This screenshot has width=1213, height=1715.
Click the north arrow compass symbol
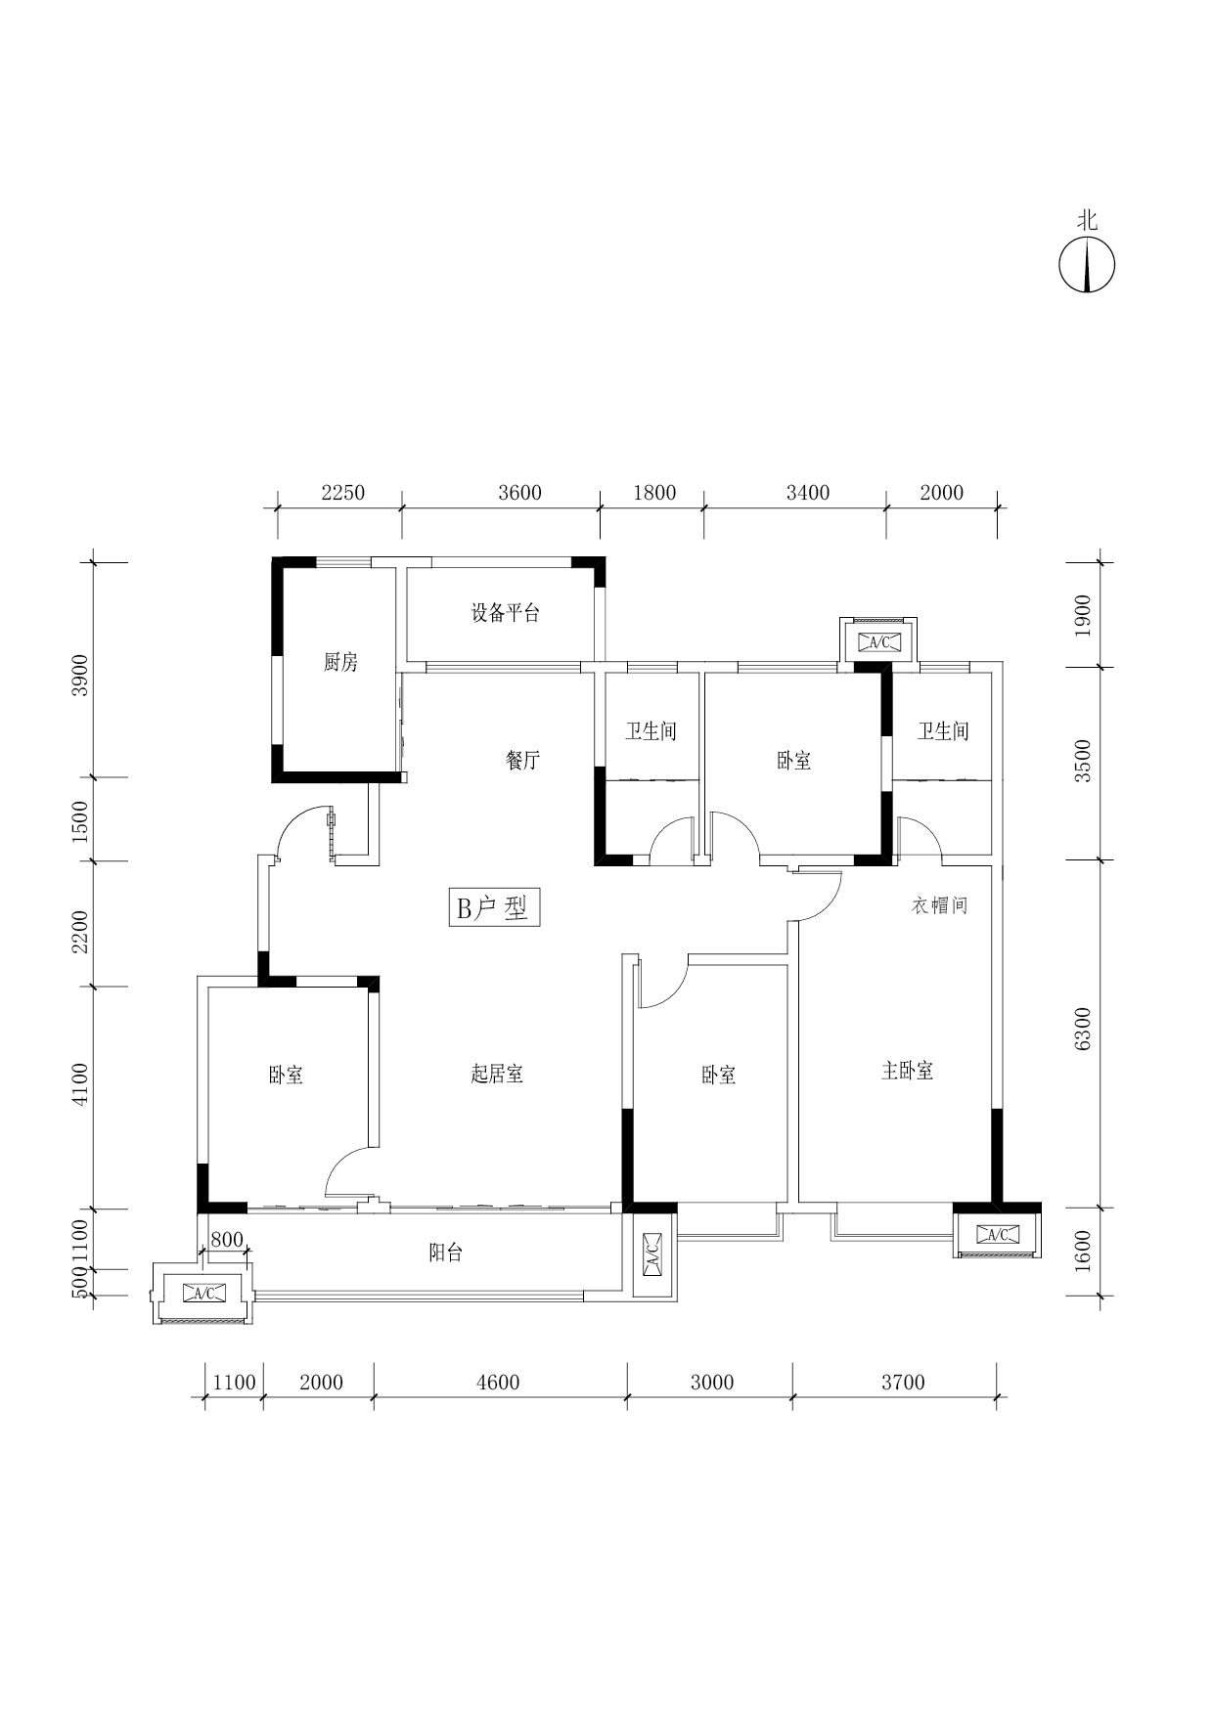coord(1087,265)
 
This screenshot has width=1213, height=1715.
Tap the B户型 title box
coord(494,907)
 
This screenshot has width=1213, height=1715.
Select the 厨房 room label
coord(340,662)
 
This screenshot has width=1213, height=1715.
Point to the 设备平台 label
coord(505,613)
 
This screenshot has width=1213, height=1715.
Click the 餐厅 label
coord(523,760)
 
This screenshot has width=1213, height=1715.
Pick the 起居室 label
coord(497,1074)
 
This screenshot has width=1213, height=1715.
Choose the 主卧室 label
coord(907,1071)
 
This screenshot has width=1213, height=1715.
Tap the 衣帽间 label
coord(940,905)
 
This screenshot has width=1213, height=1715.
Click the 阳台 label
coord(445,1253)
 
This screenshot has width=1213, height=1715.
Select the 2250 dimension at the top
coord(342,492)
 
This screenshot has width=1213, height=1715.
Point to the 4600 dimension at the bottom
coord(498,1382)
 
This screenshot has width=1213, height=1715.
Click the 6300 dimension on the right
coord(1082,1030)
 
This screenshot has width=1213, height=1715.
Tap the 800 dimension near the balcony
coord(227,1240)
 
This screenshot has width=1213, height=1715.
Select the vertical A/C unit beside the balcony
coord(653,1254)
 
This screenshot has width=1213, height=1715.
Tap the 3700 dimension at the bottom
coord(903,1382)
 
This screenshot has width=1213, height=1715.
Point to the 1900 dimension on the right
coord(1082,615)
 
